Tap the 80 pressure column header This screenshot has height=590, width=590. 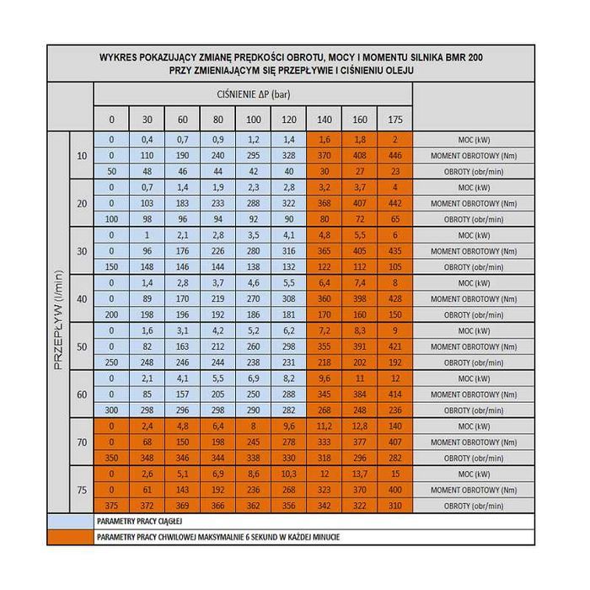click(217, 119)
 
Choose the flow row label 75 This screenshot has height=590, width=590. click(82, 490)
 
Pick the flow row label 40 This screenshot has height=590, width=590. click(82, 299)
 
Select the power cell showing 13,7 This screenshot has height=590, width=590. click(358, 474)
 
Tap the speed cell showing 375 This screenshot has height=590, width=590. click(111, 506)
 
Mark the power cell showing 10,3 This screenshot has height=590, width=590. click(288, 474)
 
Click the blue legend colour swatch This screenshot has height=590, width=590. click(70, 522)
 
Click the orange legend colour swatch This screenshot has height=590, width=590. click(70, 536)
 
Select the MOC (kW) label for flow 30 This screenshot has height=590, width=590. click(471, 235)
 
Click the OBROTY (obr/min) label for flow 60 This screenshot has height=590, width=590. click(471, 410)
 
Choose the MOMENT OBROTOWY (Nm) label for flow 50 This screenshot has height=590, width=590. click(471, 346)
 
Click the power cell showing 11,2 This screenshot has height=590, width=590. click(324, 426)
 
